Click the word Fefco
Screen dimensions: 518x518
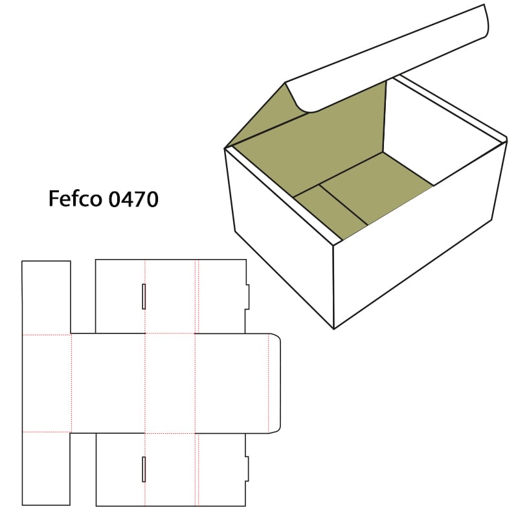pyautogui.click(x=75, y=199)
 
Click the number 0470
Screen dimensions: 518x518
pyautogui.click(x=133, y=199)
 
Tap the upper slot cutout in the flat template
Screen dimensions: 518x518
pyautogui.click(x=144, y=297)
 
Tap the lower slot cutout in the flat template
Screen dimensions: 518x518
pyautogui.click(x=144, y=469)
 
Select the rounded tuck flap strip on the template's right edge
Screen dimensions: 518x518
pyautogui.click(x=275, y=383)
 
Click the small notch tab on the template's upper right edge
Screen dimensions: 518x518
pyautogui.click(x=247, y=297)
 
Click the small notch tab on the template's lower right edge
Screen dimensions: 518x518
pyautogui.click(x=247, y=469)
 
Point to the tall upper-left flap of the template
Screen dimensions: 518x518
pyautogui.click(x=46, y=297)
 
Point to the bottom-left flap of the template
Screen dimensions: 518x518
pyautogui.click(x=46, y=468)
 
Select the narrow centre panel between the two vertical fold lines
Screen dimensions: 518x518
pyautogui.click(x=170, y=383)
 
